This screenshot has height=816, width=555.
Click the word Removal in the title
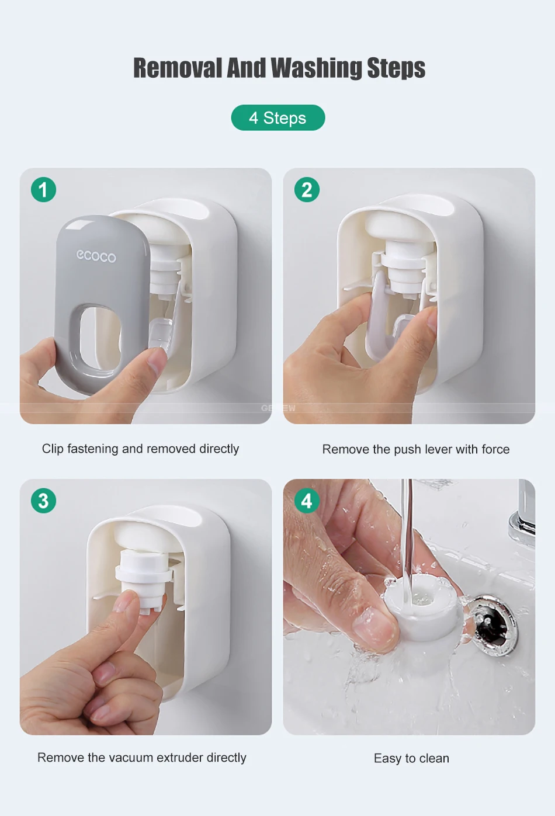178,68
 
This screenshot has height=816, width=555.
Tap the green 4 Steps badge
277,117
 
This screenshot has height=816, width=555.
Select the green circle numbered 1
43,189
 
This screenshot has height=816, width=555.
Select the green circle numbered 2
307,189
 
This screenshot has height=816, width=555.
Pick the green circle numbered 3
43,501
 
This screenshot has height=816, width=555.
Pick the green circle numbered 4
307,501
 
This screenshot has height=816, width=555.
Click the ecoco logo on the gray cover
96,256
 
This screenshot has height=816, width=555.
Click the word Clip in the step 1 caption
53,449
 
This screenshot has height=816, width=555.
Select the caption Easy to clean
411,758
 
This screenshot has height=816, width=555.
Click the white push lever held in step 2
380,313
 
